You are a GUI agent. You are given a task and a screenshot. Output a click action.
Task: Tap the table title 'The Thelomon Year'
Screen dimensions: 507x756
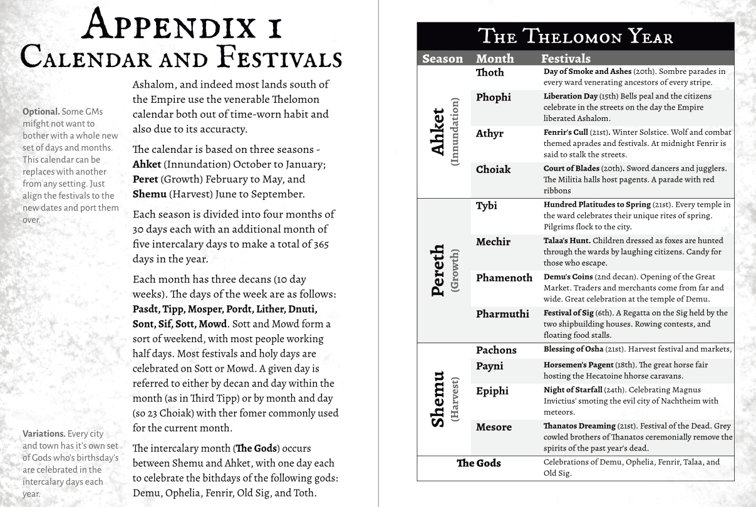(575, 36)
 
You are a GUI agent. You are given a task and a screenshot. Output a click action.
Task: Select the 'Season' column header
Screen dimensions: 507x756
(442, 59)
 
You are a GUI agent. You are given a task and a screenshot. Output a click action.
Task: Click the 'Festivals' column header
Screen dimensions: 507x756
(566, 59)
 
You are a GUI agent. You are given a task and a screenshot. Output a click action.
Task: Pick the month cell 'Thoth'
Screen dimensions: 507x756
(490, 73)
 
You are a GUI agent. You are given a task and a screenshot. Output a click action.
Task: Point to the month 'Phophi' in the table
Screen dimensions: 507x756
(493, 98)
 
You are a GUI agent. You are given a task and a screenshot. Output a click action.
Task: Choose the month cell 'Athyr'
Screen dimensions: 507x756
(490, 133)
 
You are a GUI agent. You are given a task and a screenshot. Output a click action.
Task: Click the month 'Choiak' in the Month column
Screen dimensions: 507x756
(493, 170)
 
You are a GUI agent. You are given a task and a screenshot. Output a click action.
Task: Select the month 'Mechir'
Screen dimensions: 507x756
(493, 242)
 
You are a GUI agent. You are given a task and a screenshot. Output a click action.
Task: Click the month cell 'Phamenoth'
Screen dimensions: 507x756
(504, 278)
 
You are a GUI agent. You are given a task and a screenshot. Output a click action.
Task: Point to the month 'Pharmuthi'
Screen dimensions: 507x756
(502, 314)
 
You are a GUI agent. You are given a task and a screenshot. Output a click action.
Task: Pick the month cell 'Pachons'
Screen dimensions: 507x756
(496, 350)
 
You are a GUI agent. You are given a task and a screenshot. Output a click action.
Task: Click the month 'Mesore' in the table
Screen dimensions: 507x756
(494, 427)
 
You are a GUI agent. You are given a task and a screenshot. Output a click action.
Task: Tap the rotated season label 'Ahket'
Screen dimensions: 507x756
(439, 132)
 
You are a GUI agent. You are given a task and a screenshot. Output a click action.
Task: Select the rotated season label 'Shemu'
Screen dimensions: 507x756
(438, 399)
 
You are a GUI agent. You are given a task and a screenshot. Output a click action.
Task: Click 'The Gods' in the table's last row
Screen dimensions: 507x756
(479, 464)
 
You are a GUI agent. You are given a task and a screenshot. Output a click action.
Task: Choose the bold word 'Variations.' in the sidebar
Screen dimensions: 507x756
(44, 434)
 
